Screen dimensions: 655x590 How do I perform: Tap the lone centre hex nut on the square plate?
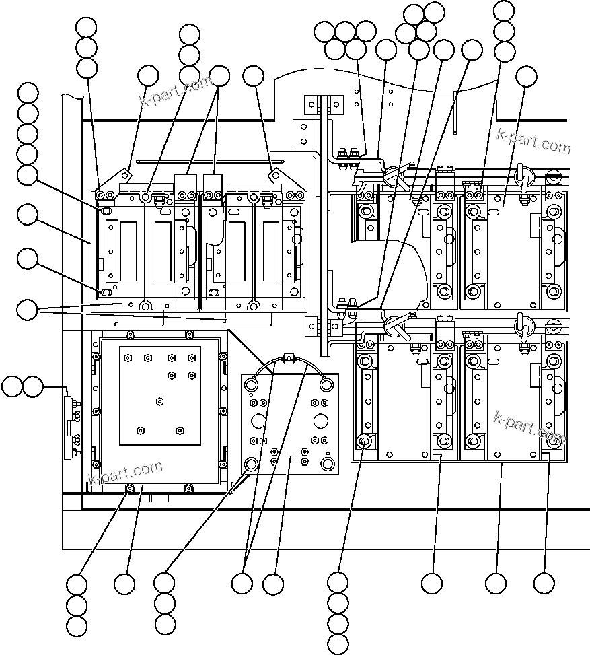click(159, 401)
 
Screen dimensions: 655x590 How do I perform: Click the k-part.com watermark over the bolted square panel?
click(126, 471)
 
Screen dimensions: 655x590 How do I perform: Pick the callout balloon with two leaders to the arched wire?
click(242, 584)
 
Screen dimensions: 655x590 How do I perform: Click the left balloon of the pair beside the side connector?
click(12, 386)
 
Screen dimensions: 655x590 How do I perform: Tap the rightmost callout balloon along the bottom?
click(544, 584)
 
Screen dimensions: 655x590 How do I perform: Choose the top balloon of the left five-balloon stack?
click(28, 93)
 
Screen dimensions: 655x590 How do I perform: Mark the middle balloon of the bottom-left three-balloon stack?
click(77, 605)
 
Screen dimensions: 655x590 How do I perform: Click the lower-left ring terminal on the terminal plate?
click(252, 464)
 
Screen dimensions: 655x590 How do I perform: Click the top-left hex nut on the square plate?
click(125, 357)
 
